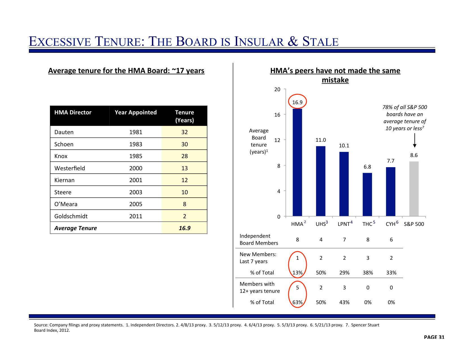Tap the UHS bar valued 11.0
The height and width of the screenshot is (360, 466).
pos(321,181)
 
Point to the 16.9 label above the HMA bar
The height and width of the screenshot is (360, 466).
pos(297,102)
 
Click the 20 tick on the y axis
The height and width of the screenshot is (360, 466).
pos(277,90)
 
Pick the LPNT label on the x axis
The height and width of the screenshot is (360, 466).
pos(344,224)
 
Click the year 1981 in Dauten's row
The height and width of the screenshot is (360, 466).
pos(136,132)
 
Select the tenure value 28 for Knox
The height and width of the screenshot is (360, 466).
pos(184,156)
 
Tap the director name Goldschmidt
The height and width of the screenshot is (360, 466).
pos(71,216)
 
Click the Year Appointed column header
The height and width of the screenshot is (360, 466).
pos(136,112)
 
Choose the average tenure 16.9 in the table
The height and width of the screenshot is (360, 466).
pos(184,228)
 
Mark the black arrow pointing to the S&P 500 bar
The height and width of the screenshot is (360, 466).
pos(414,140)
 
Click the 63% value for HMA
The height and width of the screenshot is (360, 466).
pos(297,302)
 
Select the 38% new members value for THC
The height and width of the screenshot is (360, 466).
pos(368,272)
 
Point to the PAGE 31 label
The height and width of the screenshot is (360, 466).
pos(434,337)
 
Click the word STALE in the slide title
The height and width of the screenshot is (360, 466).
pos(320,42)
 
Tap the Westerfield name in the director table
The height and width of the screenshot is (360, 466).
pos(69,168)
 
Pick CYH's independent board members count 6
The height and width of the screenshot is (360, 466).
pos(391,240)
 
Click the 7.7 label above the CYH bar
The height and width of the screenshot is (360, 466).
pos(391,161)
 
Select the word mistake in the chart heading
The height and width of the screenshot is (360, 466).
pos(335,80)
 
